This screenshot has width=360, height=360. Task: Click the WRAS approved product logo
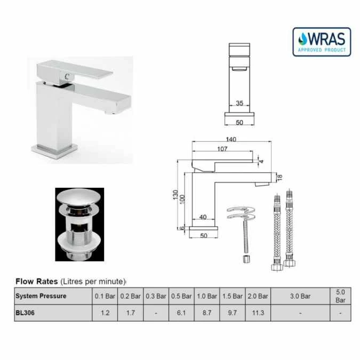322,42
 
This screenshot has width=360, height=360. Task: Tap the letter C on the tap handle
66,77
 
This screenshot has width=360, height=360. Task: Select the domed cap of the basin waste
79,198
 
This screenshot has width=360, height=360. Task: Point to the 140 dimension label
231,139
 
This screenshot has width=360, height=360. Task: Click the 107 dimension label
222,149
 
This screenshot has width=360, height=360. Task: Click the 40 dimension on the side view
203,217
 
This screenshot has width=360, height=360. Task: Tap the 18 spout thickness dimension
278,177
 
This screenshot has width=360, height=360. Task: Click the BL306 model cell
25,313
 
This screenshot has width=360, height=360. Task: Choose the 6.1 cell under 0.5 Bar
181,313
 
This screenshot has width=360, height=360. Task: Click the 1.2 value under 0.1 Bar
105,313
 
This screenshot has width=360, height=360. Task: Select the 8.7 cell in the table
207,313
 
